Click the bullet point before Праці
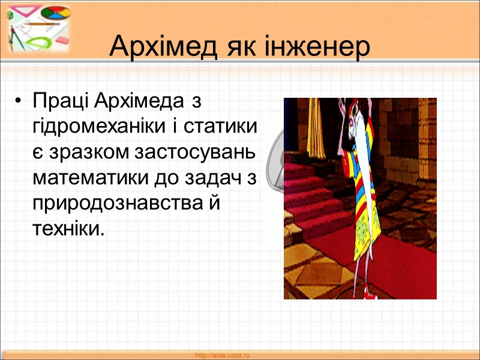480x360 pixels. pyautogui.click(x=21, y=101)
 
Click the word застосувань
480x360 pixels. pyautogui.click(x=196, y=152)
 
